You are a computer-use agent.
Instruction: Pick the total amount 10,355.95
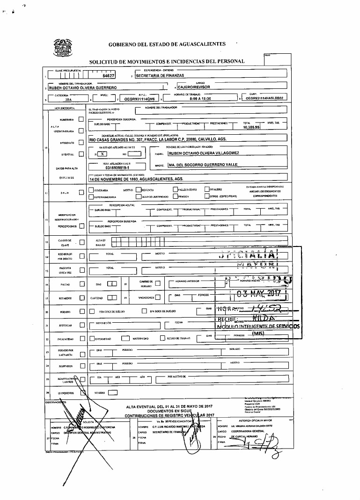point(251,127)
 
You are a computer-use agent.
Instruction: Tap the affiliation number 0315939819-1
point(118,167)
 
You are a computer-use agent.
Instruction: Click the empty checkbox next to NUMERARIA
point(82,120)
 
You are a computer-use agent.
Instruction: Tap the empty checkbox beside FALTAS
point(82,284)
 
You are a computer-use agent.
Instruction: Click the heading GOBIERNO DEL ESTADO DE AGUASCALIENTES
point(167,44)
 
